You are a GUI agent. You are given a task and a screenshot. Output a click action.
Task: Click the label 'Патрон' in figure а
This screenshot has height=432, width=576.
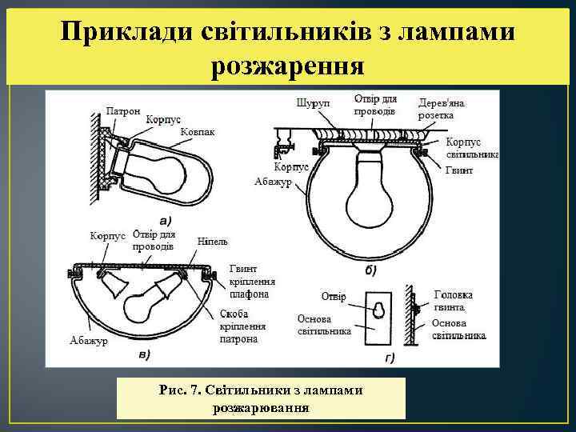click(x=123, y=110)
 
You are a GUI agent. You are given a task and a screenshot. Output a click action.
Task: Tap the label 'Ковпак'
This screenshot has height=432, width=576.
click(x=197, y=131)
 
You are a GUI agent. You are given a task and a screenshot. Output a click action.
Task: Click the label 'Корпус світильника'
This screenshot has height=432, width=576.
click(x=472, y=148)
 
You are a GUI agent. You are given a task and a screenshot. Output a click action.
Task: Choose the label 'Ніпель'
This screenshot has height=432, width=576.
click(x=213, y=241)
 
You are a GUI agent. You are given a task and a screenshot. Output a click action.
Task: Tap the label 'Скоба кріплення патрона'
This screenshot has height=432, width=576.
click(x=238, y=327)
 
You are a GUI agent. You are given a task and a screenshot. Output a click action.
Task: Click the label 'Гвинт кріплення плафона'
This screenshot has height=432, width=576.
click(x=249, y=282)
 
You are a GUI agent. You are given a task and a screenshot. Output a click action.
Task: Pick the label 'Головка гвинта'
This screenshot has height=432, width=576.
click(x=454, y=300)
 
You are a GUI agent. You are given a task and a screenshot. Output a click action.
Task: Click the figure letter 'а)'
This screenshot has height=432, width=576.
click(x=166, y=220)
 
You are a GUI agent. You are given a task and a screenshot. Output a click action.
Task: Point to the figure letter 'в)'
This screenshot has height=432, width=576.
click(x=146, y=353)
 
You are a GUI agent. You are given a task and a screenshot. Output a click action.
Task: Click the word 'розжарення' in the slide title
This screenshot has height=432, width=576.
click(x=287, y=67)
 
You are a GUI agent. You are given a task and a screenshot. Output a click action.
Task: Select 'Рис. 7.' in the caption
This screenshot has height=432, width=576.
click(x=180, y=390)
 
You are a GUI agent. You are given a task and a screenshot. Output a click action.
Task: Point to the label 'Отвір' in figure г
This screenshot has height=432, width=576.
click(x=334, y=297)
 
